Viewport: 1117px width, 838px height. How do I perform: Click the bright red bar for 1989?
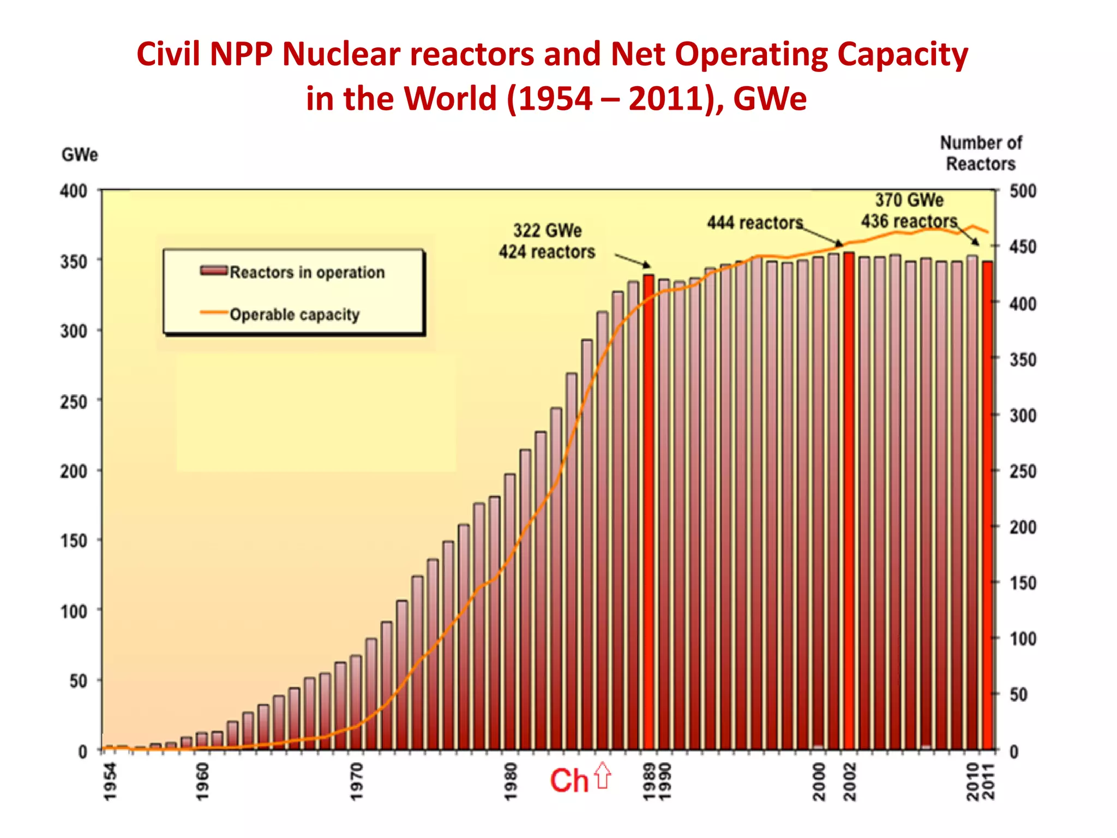click(648, 513)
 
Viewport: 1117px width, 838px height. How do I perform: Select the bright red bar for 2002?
click(849, 502)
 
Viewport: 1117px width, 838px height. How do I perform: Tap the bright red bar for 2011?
click(987, 507)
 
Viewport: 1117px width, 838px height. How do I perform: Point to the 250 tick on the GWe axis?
click(74, 402)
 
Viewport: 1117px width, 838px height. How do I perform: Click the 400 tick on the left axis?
click(74, 191)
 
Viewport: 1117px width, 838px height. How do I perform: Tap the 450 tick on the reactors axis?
click(1022, 247)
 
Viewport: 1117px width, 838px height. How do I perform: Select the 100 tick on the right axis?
click(1022, 639)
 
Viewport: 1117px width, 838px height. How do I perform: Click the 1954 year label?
click(110, 781)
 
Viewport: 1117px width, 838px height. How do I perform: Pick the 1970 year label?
click(356, 781)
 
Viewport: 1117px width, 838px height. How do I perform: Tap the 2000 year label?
click(819, 781)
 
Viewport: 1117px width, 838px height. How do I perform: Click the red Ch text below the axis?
click(569, 780)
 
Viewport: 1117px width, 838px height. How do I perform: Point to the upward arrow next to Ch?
click(603, 775)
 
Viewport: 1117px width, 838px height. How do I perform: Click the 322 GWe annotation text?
click(547, 231)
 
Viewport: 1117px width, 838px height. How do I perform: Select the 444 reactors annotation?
click(755, 223)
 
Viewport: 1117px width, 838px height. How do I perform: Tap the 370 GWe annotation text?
click(909, 200)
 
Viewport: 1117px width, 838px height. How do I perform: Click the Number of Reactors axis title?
click(980, 153)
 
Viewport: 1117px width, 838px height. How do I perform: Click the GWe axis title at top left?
click(80, 155)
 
